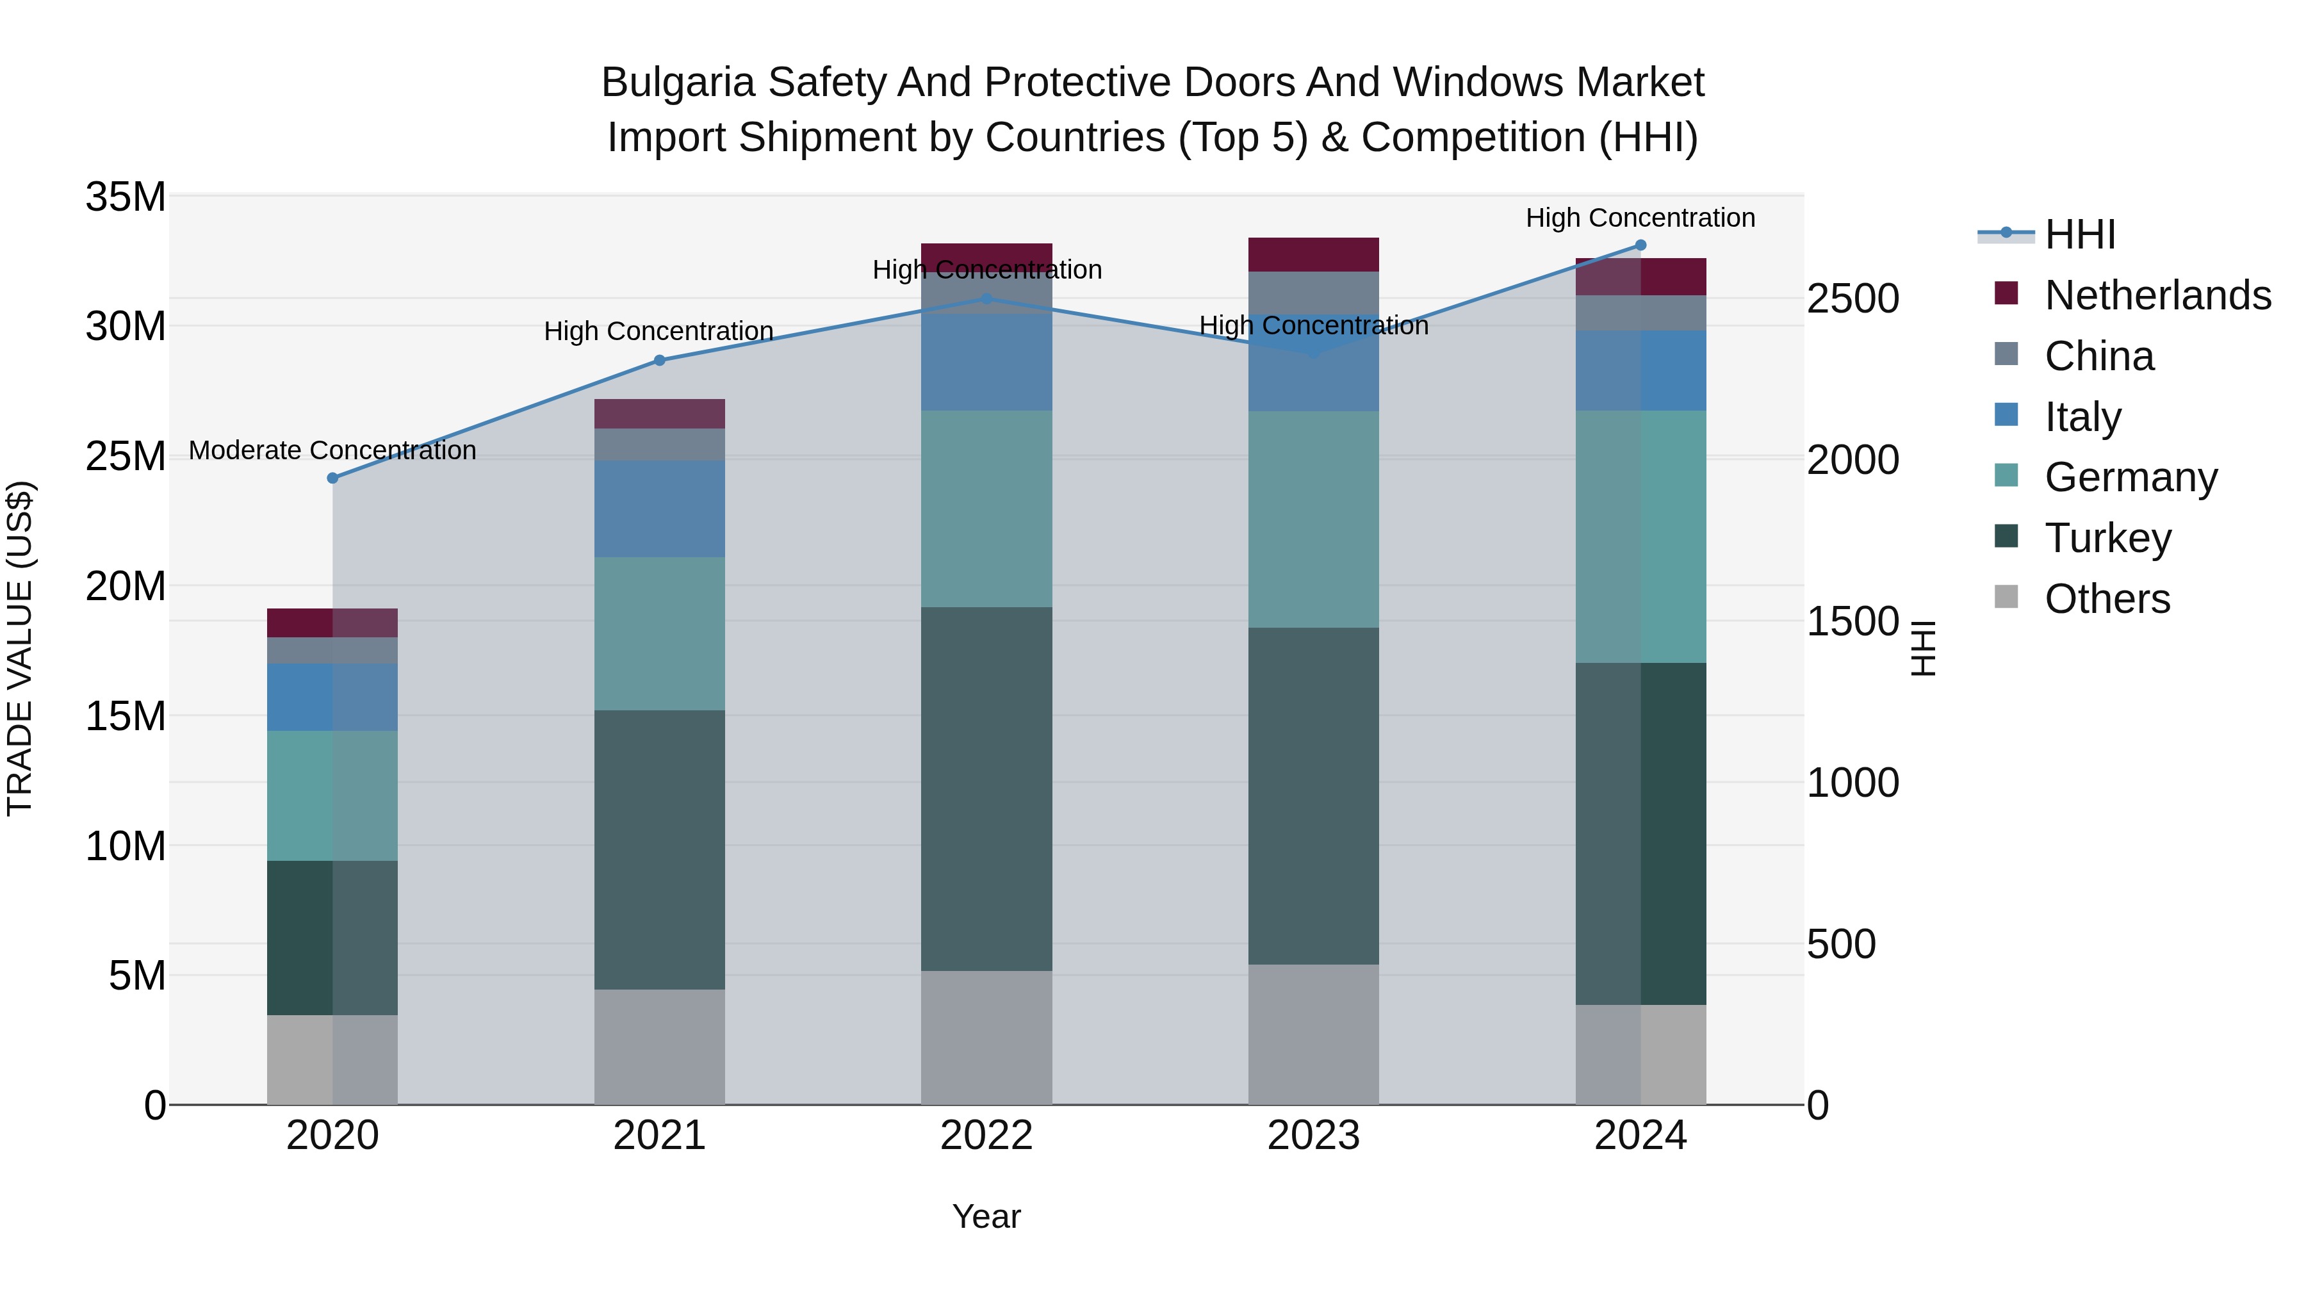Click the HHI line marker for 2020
[333, 478]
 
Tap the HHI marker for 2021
[660, 361]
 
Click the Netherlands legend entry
[2157, 295]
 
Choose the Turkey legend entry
[2107, 538]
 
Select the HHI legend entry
[2079, 234]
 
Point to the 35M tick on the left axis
[126, 197]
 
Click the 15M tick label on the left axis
[126, 716]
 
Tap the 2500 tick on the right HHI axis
[1852, 299]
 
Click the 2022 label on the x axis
[986, 1136]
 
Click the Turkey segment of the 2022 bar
[986, 788]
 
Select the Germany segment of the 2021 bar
[660, 633]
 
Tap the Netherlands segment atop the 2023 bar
[1313, 254]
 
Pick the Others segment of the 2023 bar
[1313, 1034]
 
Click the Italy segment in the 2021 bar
[660, 509]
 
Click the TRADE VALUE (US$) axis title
[20, 648]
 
